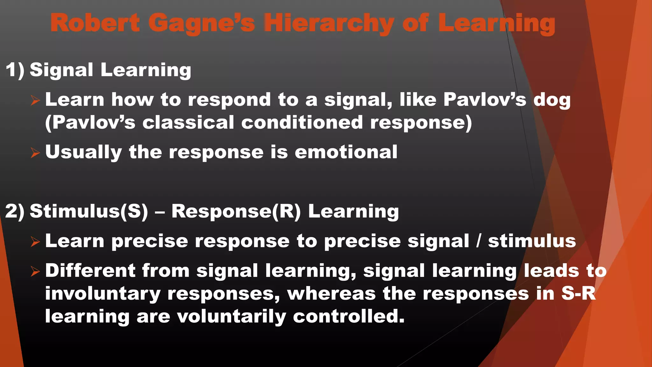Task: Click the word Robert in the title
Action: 95,23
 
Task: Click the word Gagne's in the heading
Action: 202,24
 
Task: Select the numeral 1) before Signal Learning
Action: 15,70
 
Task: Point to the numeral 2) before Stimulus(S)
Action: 15,211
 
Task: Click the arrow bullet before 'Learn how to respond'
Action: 35,101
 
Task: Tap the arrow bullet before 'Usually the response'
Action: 35,153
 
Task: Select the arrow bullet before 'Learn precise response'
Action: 35,242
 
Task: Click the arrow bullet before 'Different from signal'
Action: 35,271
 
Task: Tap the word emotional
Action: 346,152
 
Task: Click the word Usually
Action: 83,152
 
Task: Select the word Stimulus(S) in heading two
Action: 89,211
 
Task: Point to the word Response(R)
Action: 236,211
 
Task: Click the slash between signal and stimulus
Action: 478,241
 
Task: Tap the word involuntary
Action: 103,294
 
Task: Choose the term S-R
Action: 578,293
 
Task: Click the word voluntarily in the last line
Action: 231,317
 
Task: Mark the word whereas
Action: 331,293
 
